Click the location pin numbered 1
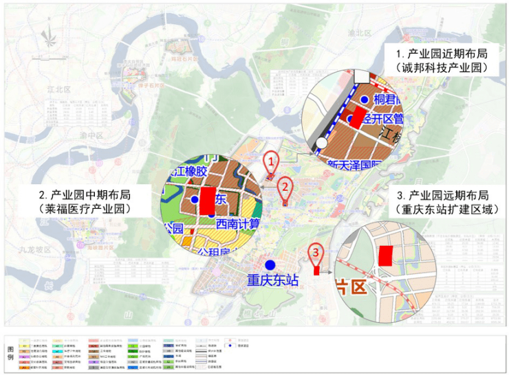(x=271, y=162)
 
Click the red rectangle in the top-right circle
(x=359, y=116)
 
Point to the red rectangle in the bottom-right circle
(x=387, y=255)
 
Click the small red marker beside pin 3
(x=316, y=270)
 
